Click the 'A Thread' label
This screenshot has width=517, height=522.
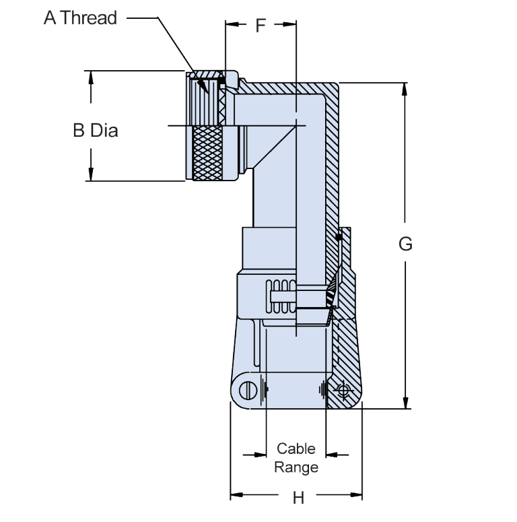[x=80, y=18]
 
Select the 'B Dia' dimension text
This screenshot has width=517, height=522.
[x=95, y=130]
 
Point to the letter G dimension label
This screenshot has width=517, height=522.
[x=405, y=244]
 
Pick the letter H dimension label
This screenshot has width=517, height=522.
[x=298, y=498]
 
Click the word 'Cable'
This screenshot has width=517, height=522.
[x=296, y=449]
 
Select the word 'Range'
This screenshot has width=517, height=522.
[x=296, y=466]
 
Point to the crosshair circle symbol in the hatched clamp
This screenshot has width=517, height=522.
[x=344, y=390]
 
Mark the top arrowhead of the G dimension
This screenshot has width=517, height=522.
[x=405, y=88]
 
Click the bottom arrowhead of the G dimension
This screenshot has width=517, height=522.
[x=405, y=403]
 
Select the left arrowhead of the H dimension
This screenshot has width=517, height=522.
[x=236, y=496]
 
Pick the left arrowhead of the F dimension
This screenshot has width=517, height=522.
[x=231, y=25]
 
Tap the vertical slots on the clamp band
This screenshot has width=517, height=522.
[x=281, y=296]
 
